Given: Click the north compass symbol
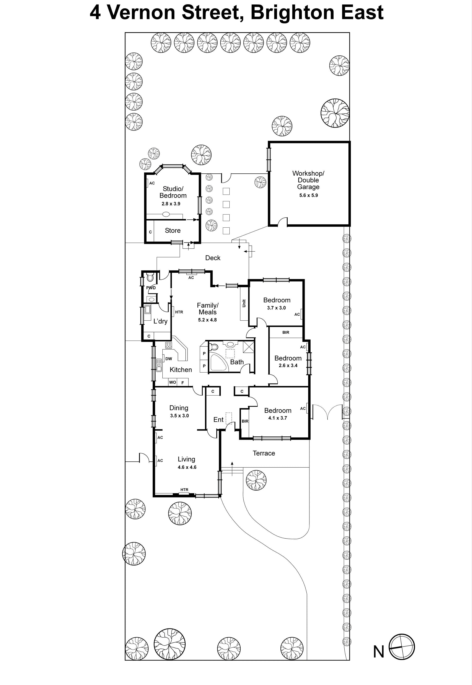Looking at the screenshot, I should click(401, 647).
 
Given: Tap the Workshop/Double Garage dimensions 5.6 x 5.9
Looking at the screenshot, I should click(308, 195).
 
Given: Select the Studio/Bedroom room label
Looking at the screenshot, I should click(173, 192).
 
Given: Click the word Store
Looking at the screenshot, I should click(173, 231).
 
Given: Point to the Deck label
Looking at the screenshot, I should click(213, 258).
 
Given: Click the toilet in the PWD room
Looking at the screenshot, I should click(150, 277).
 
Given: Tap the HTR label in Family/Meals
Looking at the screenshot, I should click(179, 312).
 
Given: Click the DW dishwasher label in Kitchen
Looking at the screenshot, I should click(169, 359).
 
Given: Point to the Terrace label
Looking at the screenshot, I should click(264, 453).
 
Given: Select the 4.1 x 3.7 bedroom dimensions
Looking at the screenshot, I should click(277, 418).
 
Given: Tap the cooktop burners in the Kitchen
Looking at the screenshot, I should click(169, 345).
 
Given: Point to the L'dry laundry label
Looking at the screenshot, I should click(160, 321).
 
